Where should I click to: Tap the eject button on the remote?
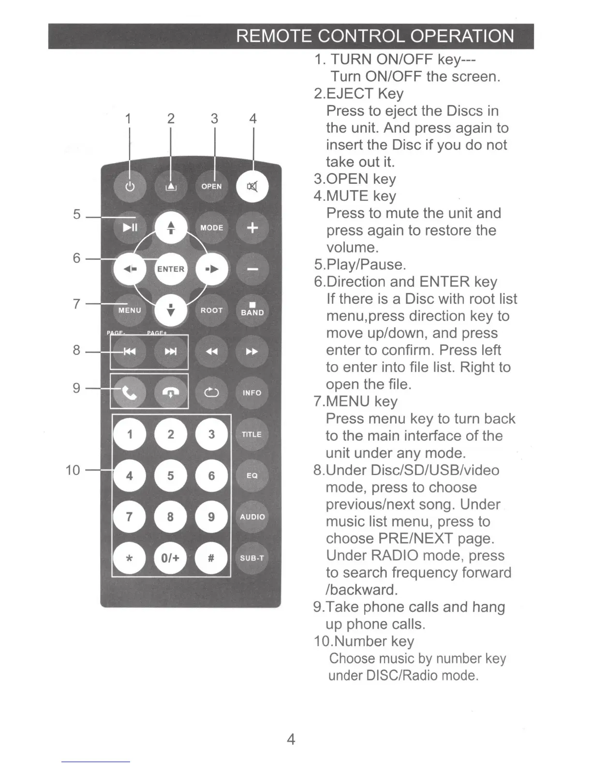170,187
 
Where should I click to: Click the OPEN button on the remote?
211,187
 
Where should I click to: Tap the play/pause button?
130,227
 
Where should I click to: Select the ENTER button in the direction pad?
170,269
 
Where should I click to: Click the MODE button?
211,227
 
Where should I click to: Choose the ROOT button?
211,310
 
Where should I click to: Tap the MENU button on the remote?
130,310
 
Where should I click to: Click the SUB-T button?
252,558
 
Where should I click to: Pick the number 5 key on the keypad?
170,476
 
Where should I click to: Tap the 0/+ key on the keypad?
170,558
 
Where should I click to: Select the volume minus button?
252,269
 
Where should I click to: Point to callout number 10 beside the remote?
73,470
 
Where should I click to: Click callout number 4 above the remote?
252,118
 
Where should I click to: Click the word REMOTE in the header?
273,36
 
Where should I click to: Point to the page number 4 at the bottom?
291,739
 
